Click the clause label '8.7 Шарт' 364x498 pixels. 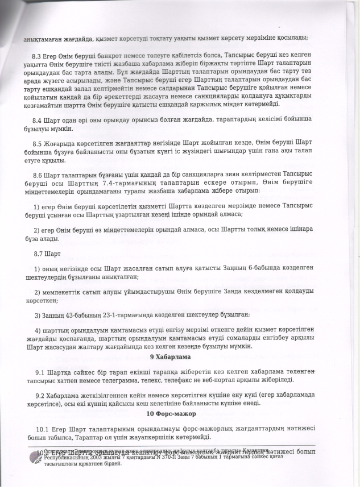(x=43, y=251)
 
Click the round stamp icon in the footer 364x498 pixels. (x=32, y=458)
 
